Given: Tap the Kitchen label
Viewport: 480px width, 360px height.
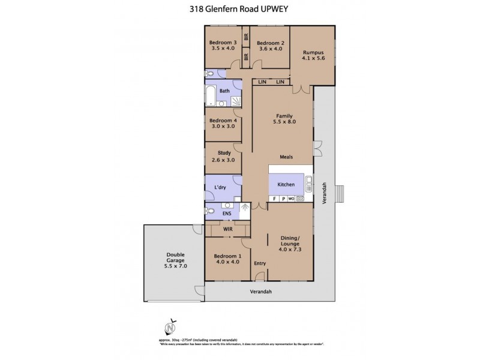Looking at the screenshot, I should click(x=285, y=184).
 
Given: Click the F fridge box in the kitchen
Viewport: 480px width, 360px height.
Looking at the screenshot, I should click(x=274, y=199).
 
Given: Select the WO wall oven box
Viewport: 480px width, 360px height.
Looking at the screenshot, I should click(x=290, y=199).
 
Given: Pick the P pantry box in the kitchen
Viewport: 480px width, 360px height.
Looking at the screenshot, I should click(x=283, y=199).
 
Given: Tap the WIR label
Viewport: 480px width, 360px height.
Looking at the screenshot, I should click(x=227, y=228).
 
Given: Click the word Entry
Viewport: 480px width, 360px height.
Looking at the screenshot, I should click(x=259, y=263).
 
